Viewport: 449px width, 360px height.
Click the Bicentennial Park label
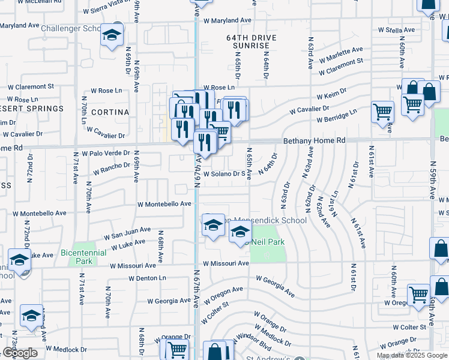[x=84, y=257]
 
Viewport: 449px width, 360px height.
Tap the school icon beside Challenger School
[x=112, y=35]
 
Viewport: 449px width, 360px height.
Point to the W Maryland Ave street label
[x=226, y=20]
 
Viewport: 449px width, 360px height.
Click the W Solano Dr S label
[x=226, y=175]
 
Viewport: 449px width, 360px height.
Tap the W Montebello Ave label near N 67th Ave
[x=164, y=204]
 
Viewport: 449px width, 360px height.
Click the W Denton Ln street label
[x=146, y=278]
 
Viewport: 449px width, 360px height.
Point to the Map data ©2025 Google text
[x=412, y=355]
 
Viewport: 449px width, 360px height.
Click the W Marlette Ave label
[x=342, y=55]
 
